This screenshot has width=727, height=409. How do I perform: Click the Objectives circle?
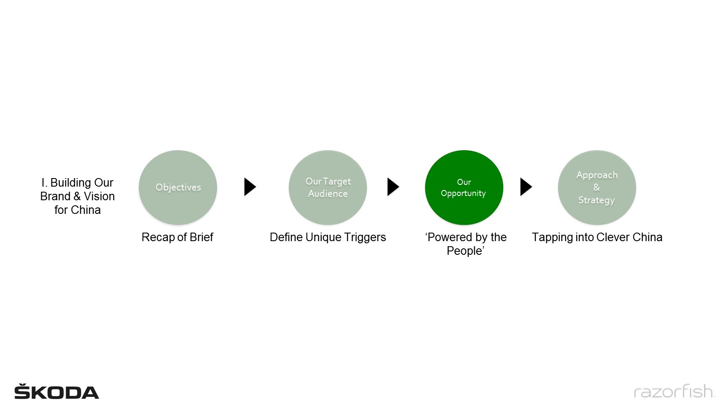(x=178, y=187)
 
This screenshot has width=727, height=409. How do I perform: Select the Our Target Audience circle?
(x=328, y=187)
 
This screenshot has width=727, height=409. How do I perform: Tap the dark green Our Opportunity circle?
(x=464, y=187)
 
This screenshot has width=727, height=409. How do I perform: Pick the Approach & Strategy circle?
(x=597, y=187)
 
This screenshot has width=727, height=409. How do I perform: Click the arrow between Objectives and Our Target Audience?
(x=250, y=187)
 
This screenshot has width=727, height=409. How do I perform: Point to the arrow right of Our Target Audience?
(x=393, y=187)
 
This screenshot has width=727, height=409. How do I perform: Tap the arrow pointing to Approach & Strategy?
(x=526, y=187)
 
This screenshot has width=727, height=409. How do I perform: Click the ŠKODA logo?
(x=57, y=391)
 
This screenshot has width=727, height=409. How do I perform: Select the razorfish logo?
(x=675, y=391)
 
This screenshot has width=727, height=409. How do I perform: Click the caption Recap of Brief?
(x=177, y=237)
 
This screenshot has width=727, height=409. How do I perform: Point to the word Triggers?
(x=365, y=237)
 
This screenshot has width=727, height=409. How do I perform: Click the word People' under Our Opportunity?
(x=466, y=251)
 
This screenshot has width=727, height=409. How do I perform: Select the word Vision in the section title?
(x=99, y=196)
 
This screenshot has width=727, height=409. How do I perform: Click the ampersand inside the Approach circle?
(x=597, y=187)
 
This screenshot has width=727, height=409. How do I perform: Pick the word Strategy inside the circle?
(x=597, y=200)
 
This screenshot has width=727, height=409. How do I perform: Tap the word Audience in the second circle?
(x=328, y=194)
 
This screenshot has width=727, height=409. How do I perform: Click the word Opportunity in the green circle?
(x=463, y=193)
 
